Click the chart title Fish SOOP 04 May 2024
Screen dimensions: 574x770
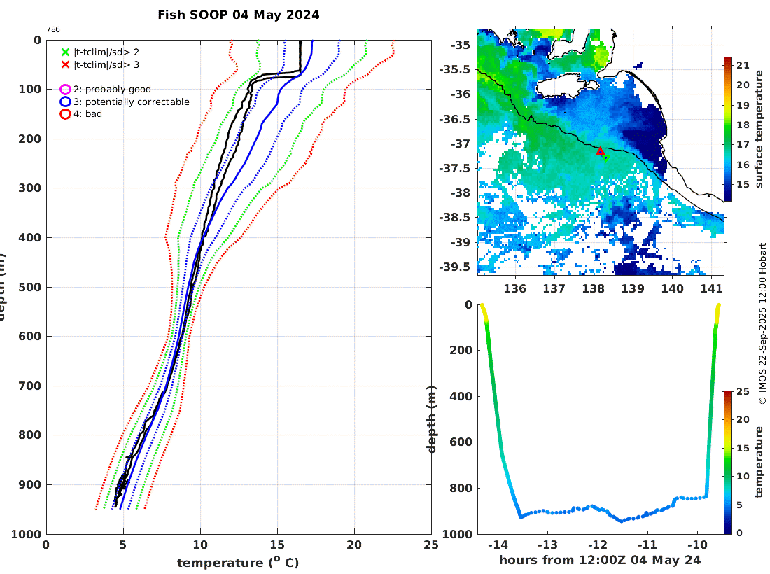(239, 15)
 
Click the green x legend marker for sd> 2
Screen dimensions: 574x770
(66, 52)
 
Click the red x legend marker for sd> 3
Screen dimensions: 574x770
(66, 64)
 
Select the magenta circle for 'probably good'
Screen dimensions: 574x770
(66, 90)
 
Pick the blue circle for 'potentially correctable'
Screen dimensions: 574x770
(66, 101)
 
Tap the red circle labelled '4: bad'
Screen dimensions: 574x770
(66, 113)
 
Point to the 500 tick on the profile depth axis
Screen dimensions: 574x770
(31, 287)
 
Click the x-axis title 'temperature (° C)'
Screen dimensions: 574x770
(238, 563)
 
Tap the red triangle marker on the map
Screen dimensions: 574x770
(601, 151)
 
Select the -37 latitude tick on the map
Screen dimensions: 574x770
(462, 143)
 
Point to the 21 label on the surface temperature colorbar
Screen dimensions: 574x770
(743, 66)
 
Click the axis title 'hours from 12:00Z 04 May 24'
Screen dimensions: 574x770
(600, 560)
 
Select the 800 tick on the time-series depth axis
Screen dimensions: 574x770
(462, 488)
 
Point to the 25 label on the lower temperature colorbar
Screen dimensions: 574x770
(743, 392)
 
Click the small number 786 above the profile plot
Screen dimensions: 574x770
(53, 29)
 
